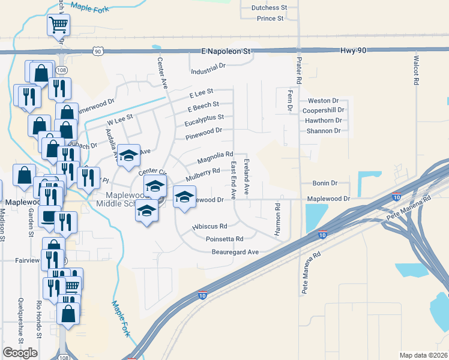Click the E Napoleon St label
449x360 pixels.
tap(225, 52)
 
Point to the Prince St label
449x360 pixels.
tap(270, 19)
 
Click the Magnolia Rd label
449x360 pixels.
tap(214, 158)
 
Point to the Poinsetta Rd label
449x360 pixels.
tap(224, 239)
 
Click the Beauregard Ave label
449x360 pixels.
tap(235, 252)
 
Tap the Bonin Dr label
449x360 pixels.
tap(326, 183)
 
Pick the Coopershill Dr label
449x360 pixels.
tap(324, 110)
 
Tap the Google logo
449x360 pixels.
tap(20, 353)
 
